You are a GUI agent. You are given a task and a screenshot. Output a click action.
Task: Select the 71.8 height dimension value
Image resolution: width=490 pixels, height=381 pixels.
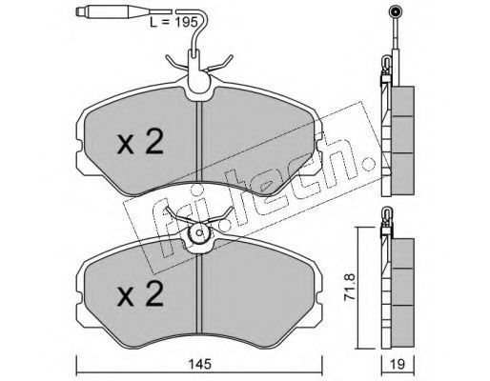click(x=350, y=288)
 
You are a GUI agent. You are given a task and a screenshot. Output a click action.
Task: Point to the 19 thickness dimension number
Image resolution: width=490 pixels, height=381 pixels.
click(x=398, y=364)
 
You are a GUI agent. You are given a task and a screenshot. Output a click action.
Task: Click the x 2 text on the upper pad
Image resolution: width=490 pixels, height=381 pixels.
click(x=140, y=142)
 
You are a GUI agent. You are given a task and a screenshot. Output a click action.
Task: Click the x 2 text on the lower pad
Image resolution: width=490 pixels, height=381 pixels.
click(x=140, y=293)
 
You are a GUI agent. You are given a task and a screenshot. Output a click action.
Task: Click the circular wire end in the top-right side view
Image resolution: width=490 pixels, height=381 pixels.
click(x=395, y=12)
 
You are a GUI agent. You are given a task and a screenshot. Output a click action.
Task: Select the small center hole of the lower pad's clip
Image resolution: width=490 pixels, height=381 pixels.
click(x=199, y=232)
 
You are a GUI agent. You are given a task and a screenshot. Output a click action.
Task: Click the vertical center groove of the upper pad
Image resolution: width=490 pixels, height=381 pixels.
click(x=199, y=142)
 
